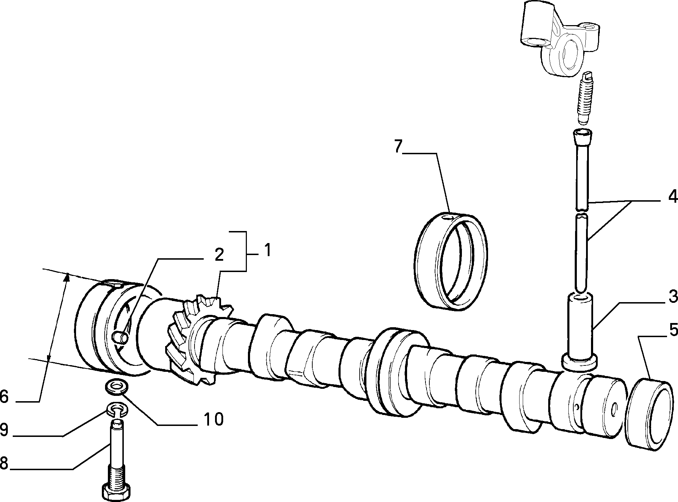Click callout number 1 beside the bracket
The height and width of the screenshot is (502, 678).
(268, 250)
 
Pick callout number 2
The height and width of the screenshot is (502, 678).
(219, 254)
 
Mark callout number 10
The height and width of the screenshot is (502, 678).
(213, 419)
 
